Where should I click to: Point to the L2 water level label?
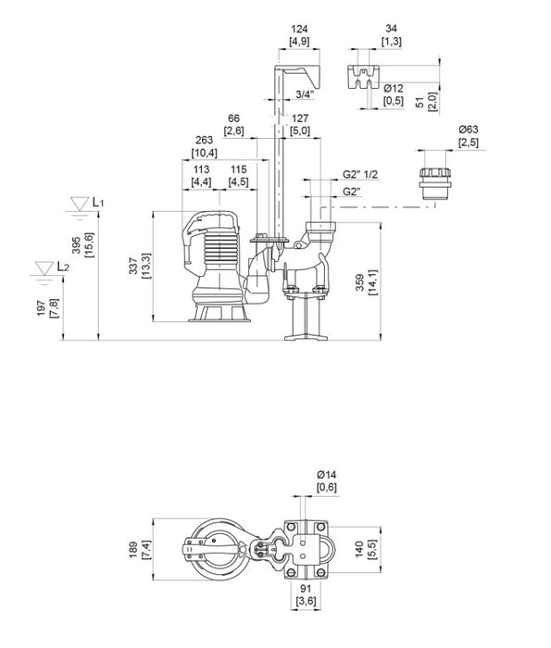click(x=62, y=267)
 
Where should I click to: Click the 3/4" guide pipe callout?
click(x=304, y=94)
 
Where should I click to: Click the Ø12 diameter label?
click(x=394, y=88)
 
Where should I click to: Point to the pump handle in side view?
click(x=214, y=219)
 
